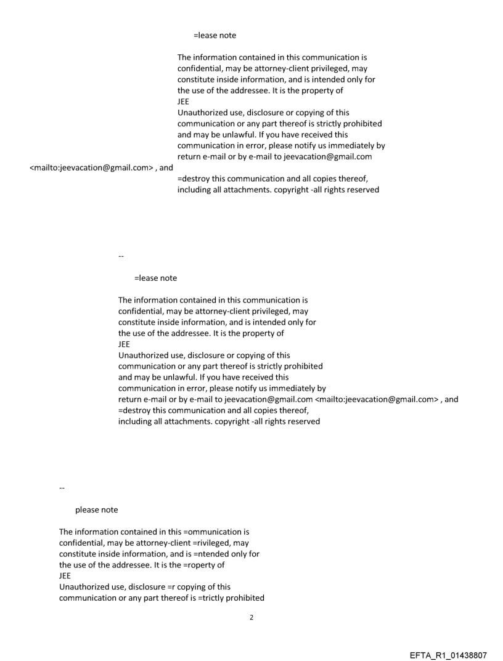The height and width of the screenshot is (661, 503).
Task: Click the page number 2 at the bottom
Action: pos(251,617)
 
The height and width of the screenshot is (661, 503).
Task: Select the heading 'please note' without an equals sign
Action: pos(96,510)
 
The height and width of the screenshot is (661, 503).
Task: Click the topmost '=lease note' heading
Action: pos(215,35)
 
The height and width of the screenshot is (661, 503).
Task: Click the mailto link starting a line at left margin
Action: pos(92,168)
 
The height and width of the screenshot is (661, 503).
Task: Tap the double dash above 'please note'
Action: pos(61,488)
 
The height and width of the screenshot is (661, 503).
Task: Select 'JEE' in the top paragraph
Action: pos(184,102)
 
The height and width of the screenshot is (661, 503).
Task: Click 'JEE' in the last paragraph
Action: pos(65,576)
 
